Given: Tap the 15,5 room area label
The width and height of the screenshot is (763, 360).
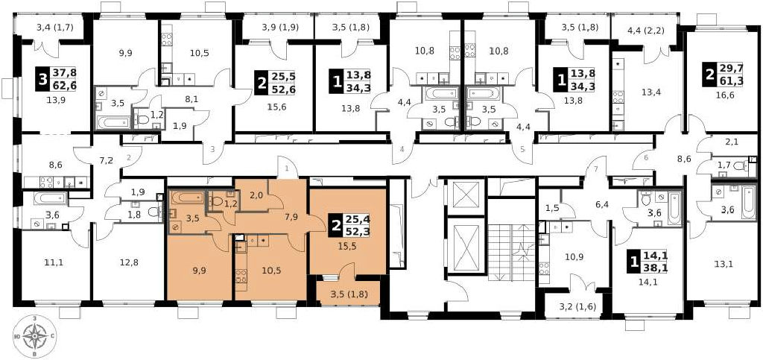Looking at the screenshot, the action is tap(347, 246).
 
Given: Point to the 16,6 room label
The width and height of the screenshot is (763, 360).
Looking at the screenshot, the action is tap(724, 95).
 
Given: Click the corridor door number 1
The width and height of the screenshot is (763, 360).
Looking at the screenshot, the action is tap(288, 168).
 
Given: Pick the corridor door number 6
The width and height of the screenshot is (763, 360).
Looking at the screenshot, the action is tap(646, 157).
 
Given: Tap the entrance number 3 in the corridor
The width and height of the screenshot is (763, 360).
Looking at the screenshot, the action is tap(212, 149).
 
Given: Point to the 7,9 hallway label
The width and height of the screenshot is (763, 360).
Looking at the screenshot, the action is tap(291, 217).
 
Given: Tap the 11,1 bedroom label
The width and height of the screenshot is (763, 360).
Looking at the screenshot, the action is tap(53, 262).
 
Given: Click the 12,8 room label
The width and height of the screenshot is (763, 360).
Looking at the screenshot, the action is tap(128, 262).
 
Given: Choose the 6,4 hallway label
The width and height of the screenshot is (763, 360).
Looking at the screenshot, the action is tap(602, 205).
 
